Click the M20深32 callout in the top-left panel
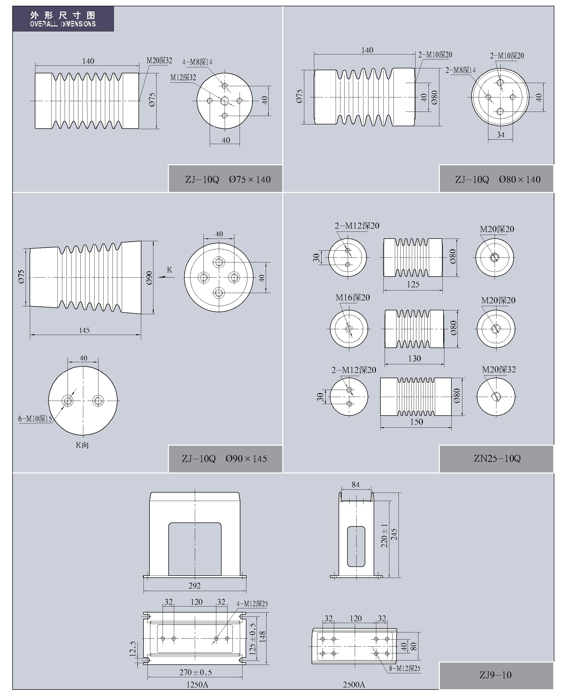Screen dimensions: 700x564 click(159, 60)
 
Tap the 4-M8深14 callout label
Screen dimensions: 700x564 click(197, 62)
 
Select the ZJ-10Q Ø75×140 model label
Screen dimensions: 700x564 click(228, 179)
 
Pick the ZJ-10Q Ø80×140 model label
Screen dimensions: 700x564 click(498, 179)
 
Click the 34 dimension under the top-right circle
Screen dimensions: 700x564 click(501, 135)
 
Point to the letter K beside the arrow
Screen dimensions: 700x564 click(169, 270)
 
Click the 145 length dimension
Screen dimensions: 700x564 click(84, 330)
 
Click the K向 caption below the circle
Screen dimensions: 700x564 click(82, 445)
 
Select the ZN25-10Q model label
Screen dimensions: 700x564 click(497, 459)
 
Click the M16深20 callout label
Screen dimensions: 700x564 click(352, 297)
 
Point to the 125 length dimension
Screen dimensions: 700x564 click(413, 284)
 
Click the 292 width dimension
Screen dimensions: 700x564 click(195, 586)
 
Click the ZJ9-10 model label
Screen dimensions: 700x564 click(495, 675)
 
